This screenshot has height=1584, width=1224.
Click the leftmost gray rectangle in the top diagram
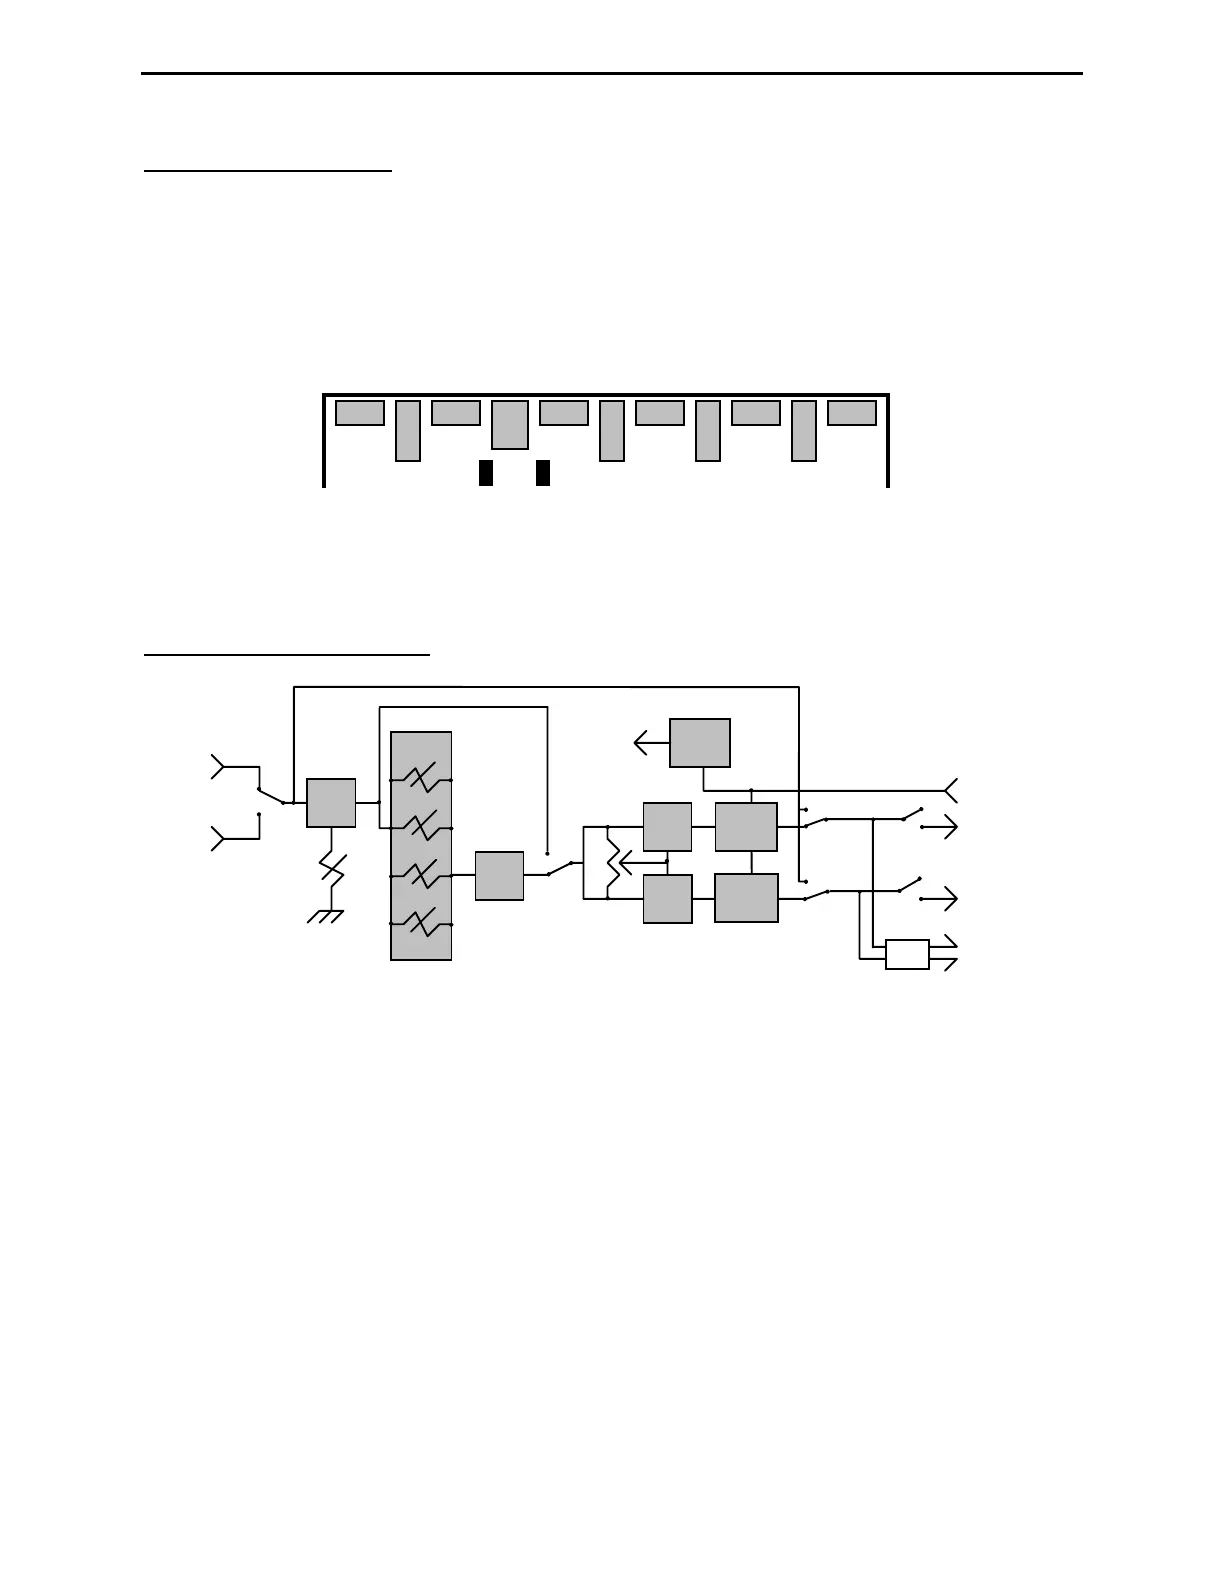pos(359,412)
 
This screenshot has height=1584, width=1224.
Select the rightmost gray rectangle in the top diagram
pos(852,412)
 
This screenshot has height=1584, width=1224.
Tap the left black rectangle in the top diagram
pos(486,473)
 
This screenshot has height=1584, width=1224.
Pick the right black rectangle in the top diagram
pos(543,473)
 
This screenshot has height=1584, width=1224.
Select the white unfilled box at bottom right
pos(907,954)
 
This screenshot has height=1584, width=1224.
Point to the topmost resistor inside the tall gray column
pos(421,779)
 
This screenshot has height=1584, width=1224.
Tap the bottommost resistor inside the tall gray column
pos(421,924)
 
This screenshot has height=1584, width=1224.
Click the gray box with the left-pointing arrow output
pos(700,742)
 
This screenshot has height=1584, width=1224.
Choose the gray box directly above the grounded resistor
pos(331,802)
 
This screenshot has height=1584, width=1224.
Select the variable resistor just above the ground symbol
pos(331,867)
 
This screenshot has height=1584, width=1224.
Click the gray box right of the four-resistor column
pos(499,875)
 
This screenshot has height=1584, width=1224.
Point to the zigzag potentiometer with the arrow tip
pos(614,861)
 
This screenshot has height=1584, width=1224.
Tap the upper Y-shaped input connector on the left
pos(218,767)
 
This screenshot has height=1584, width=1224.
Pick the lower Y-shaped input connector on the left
pos(218,838)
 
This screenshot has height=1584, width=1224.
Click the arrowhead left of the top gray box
pos(641,743)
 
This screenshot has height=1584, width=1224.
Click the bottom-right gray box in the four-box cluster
pos(746,897)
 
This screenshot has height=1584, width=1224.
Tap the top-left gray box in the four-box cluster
pos(667,826)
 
